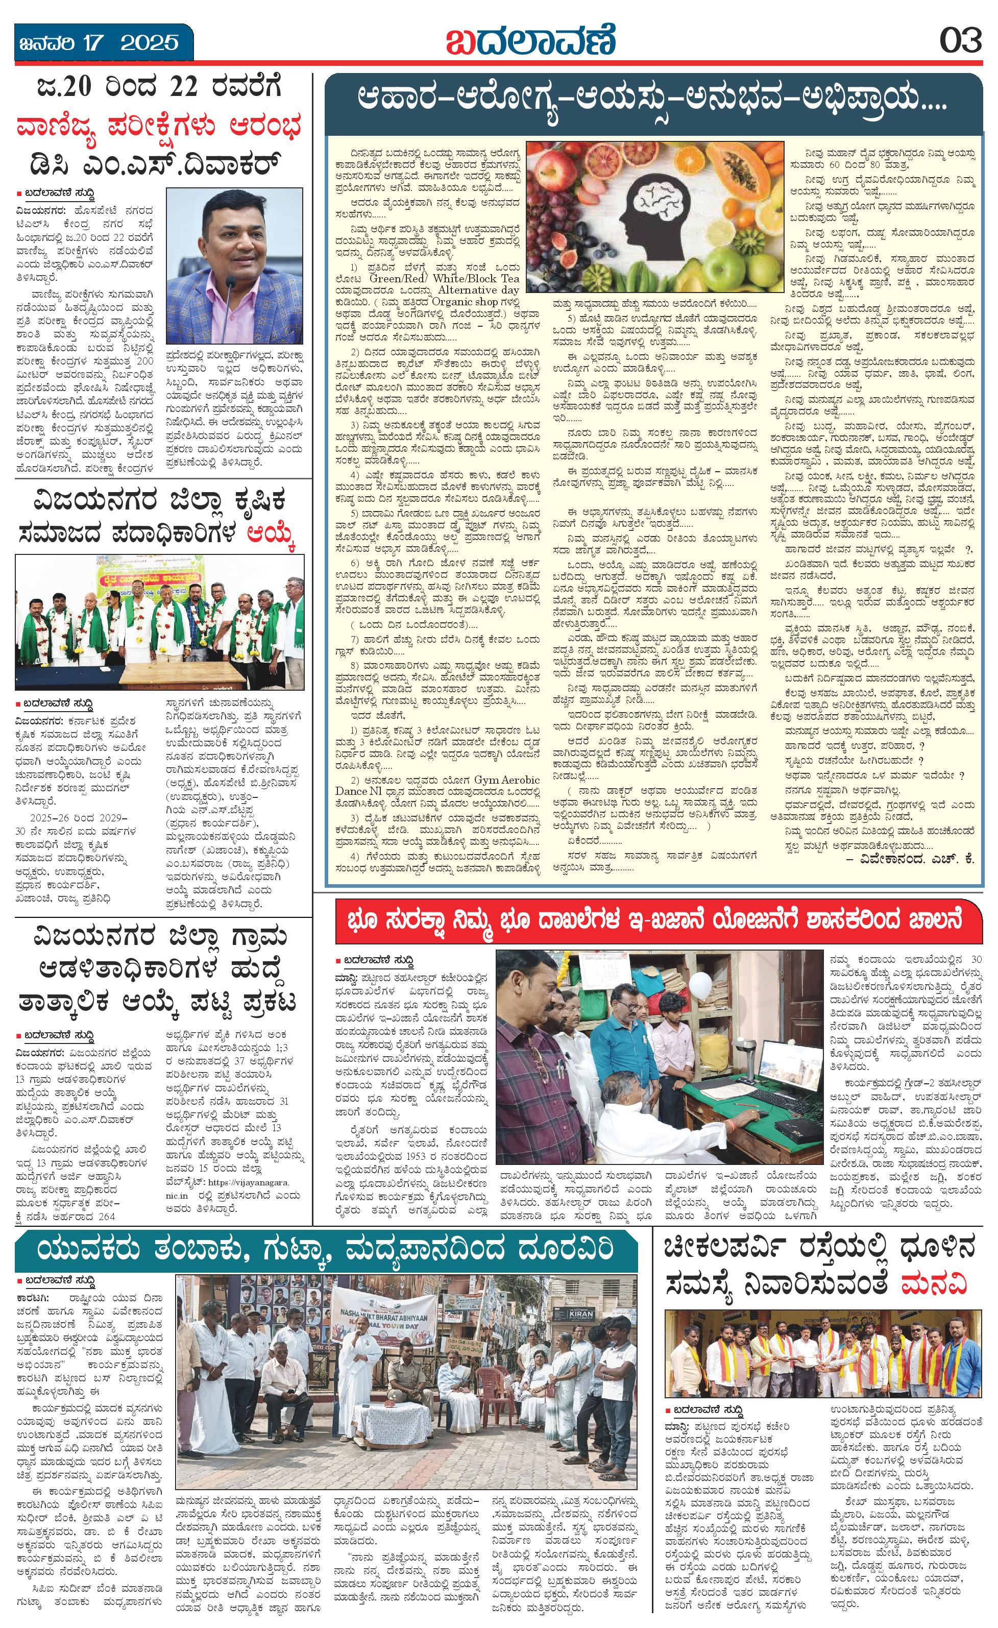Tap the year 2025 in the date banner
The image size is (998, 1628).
click(149, 43)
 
